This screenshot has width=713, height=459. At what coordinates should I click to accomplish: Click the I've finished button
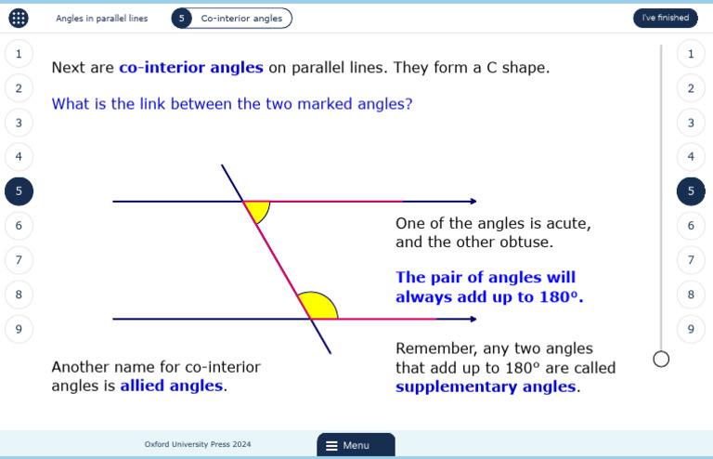pyautogui.click(x=665, y=18)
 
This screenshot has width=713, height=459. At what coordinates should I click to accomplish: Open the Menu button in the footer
pyautogui.click(x=356, y=445)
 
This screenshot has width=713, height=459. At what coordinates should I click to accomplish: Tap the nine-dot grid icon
pyautogui.click(x=19, y=18)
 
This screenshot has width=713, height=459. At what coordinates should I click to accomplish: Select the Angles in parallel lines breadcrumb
pyautogui.click(x=101, y=18)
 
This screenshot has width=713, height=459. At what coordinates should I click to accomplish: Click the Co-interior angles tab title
pyautogui.click(x=241, y=18)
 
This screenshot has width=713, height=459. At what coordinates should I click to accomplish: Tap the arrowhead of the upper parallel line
pyautogui.click(x=473, y=201)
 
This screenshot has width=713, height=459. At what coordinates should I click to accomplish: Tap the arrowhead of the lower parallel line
pyautogui.click(x=473, y=319)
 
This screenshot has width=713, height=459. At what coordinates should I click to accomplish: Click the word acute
pyautogui.click(x=567, y=223)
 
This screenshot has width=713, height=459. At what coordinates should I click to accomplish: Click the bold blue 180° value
pyautogui.click(x=561, y=297)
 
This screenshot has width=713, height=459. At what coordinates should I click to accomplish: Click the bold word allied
pyautogui.click(x=144, y=386)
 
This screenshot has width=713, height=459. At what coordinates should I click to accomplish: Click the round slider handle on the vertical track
pyautogui.click(x=661, y=359)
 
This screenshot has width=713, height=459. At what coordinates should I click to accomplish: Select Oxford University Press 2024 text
pyautogui.click(x=198, y=445)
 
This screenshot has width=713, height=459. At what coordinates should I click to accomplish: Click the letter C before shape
pyautogui.click(x=492, y=68)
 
